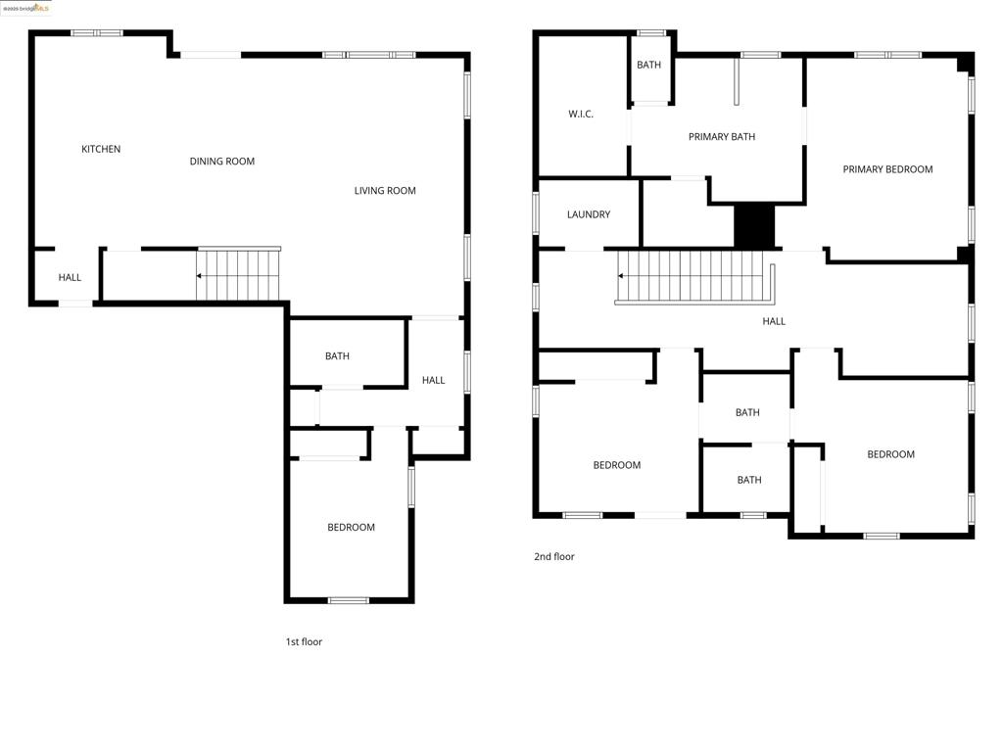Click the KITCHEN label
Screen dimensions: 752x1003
pyautogui.click(x=101, y=149)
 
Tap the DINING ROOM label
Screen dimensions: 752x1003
pyautogui.click(x=222, y=162)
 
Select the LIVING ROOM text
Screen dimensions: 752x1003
pyautogui.click(x=385, y=191)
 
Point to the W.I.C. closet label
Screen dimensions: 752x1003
pyautogui.click(x=581, y=115)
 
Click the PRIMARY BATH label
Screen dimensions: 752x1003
pyautogui.click(x=722, y=137)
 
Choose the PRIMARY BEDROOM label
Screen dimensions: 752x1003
pyautogui.click(x=887, y=169)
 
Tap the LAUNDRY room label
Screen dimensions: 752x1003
pyautogui.click(x=589, y=214)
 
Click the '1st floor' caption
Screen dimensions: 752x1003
pyautogui.click(x=304, y=642)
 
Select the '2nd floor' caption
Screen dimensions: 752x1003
pyautogui.click(x=554, y=557)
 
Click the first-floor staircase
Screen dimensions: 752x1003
pyautogui.click(x=239, y=275)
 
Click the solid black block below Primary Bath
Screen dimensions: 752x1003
pyautogui.click(x=754, y=226)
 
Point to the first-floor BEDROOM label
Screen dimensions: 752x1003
pyautogui.click(x=351, y=528)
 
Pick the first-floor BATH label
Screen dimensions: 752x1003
pyautogui.click(x=337, y=356)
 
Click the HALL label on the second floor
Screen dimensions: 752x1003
pyautogui.click(x=774, y=321)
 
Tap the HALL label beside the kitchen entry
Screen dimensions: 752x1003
pyautogui.click(x=70, y=278)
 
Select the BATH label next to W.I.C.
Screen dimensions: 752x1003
pyautogui.click(x=648, y=66)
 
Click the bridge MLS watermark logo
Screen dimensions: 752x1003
pyautogui.click(x=26, y=8)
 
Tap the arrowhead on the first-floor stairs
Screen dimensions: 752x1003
pyautogui.click(x=199, y=276)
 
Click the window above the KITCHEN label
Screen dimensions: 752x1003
pyautogui.click(x=97, y=33)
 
